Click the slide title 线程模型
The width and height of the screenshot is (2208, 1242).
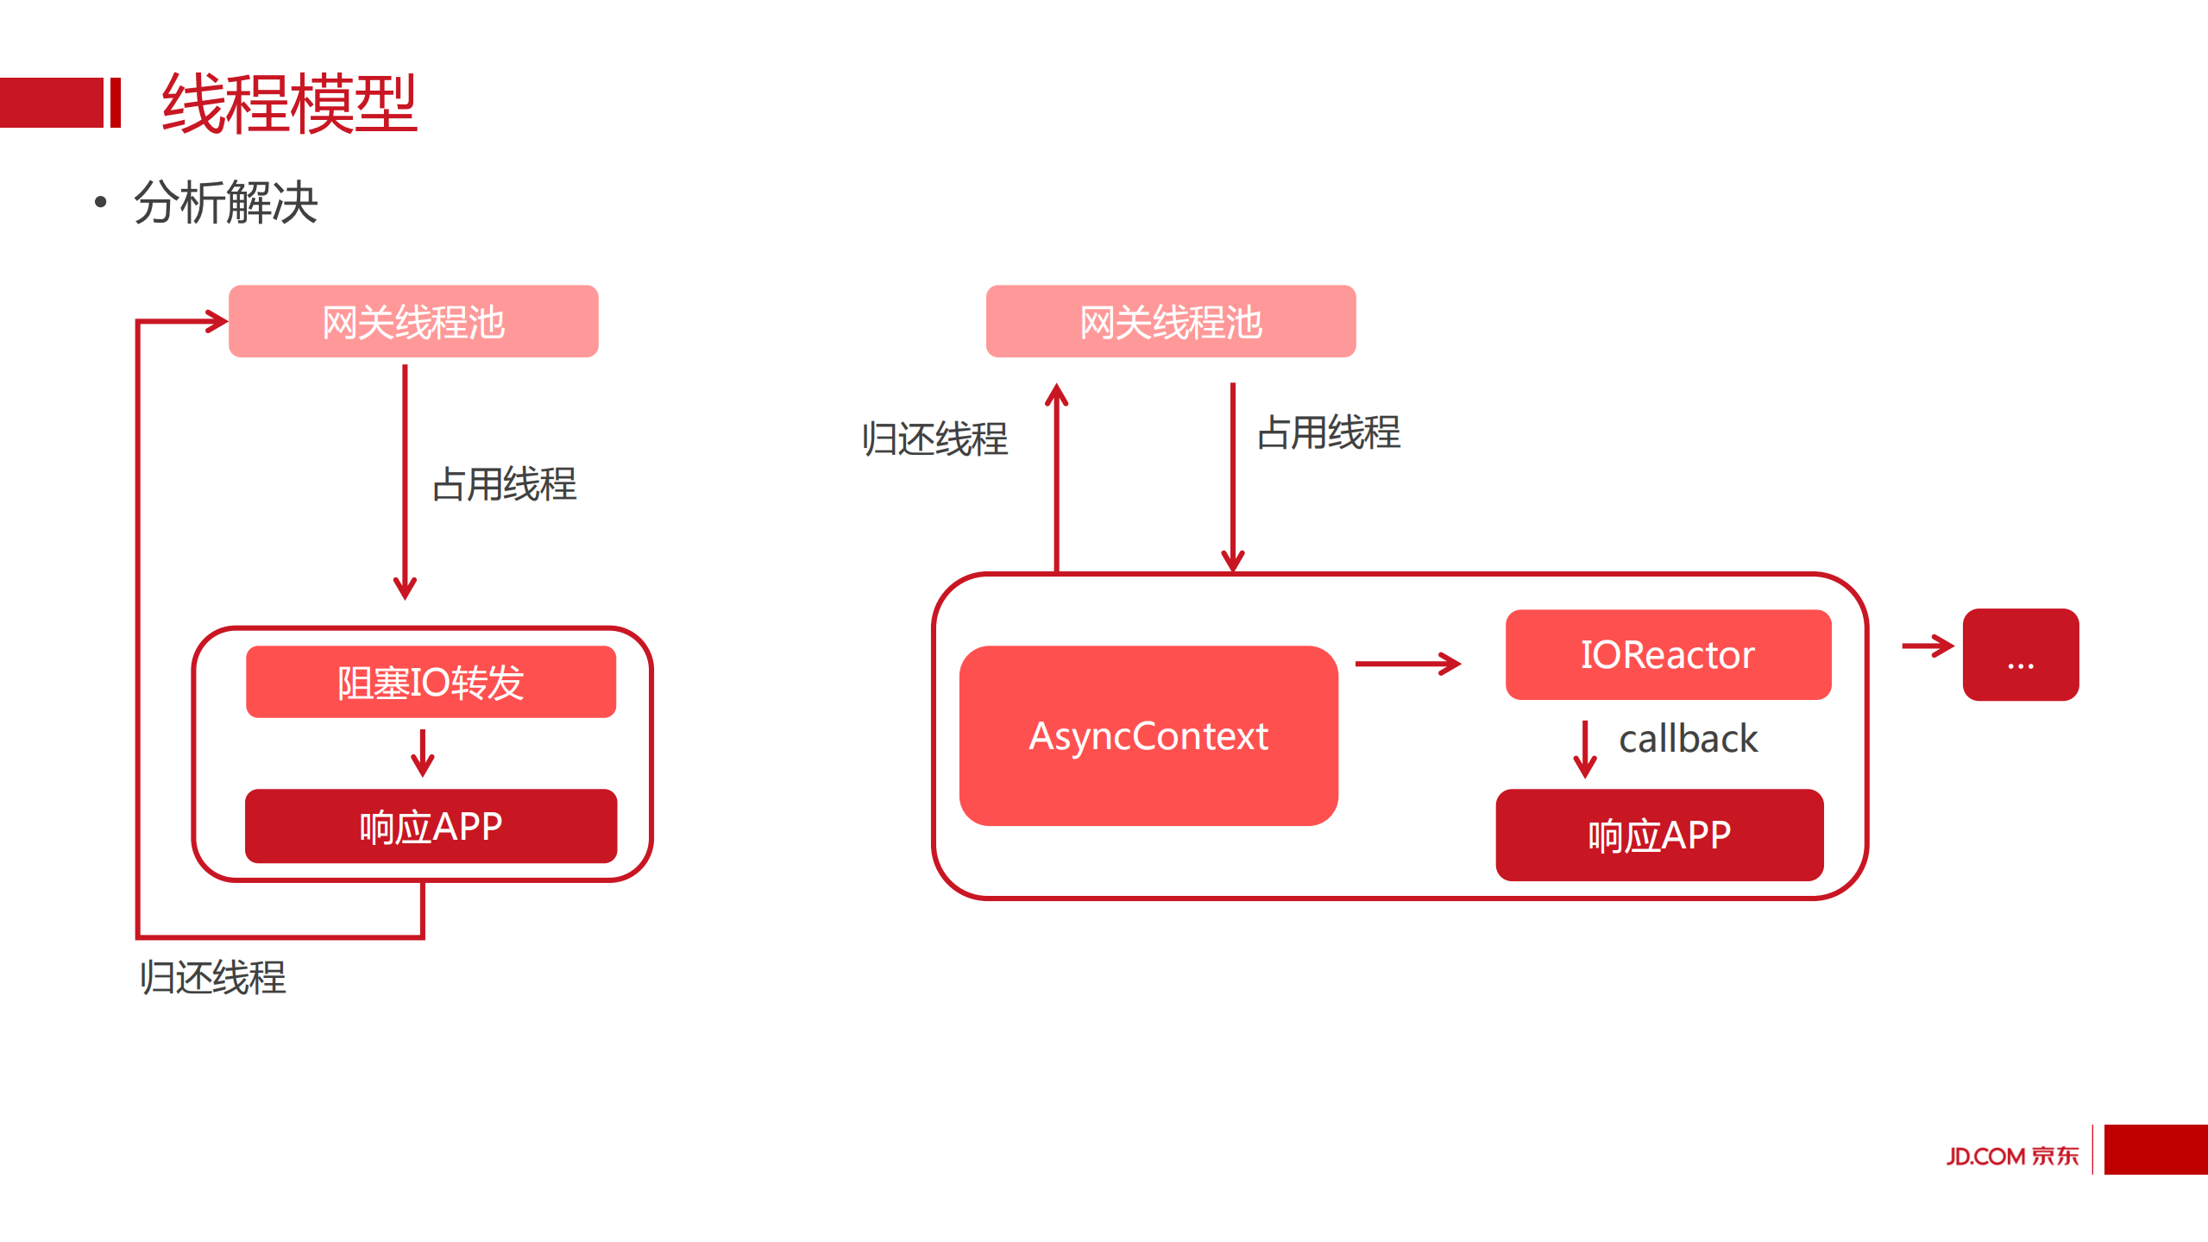pyautogui.click(x=289, y=104)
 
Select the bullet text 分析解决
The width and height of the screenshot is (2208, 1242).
pyautogui.click(x=226, y=204)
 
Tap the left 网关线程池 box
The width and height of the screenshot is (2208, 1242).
pyautogui.click(x=413, y=322)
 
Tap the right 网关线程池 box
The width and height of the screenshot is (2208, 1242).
pyautogui.click(x=1170, y=322)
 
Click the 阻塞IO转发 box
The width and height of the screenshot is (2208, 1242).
pyautogui.click(x=431, y=682)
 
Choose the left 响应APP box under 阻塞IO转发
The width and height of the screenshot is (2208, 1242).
pyautogui.click(x=431, y=826)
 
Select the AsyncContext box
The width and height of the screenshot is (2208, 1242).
pyautogui.click(x=1148, y=736)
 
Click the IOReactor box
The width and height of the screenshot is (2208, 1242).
pyautogui.click(x=1667, y=654)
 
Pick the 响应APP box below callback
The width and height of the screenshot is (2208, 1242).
pyautogui.click(x=1658, y=835)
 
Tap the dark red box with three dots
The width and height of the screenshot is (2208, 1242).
pyautogui.click(x=2020, y=655)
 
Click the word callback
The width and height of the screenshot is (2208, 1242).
pyautogui.click(x=1688, y=739)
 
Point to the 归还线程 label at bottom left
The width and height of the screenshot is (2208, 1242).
pyautogui.click(x=212, y=978)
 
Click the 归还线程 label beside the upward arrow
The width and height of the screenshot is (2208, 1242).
pyautogui.click(x=934, y=439)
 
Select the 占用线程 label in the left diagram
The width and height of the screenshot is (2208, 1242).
pyautogui.click(x=504, y=484)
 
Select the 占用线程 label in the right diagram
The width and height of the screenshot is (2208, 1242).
pyautogui.click(x=1329, y=432)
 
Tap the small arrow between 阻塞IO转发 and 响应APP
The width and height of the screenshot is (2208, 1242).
pyautogui.click(x=422, y=753)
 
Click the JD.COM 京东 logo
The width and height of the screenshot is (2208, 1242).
pyautogui.click(x=2012, y=1156)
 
